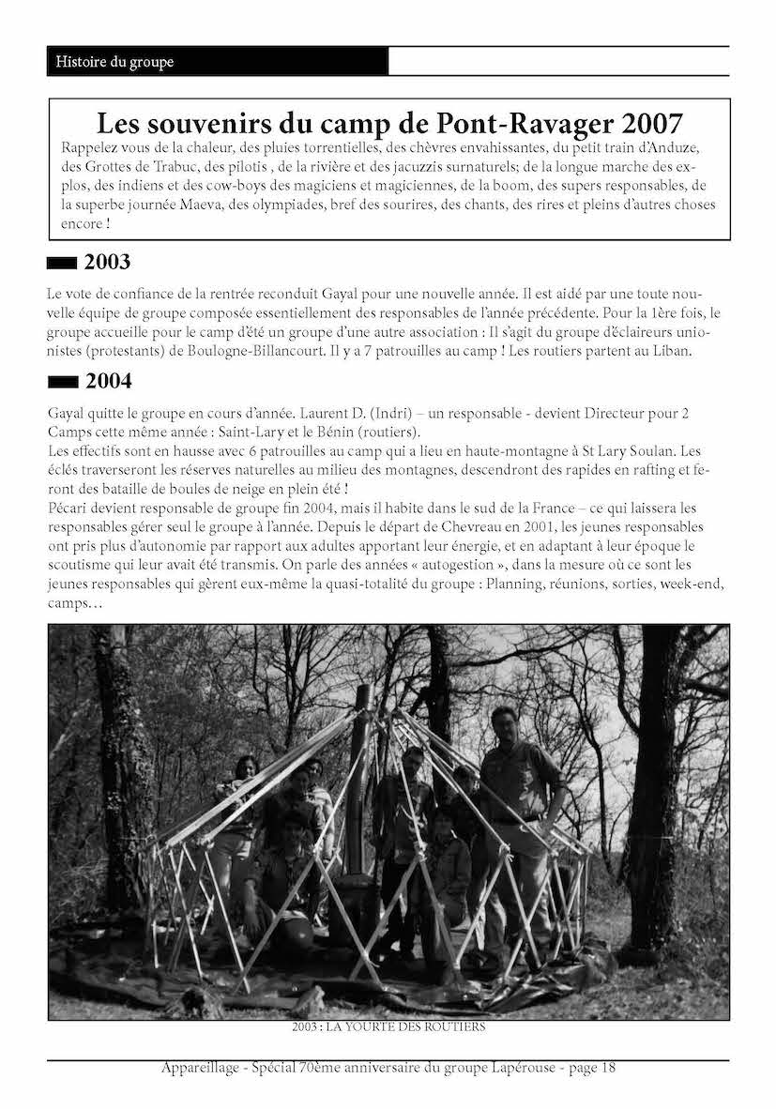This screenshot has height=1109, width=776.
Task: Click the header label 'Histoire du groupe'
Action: [114, 62]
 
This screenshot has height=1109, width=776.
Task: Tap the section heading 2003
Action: [107, 262]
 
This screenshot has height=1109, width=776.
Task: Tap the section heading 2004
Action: [108, 381]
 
